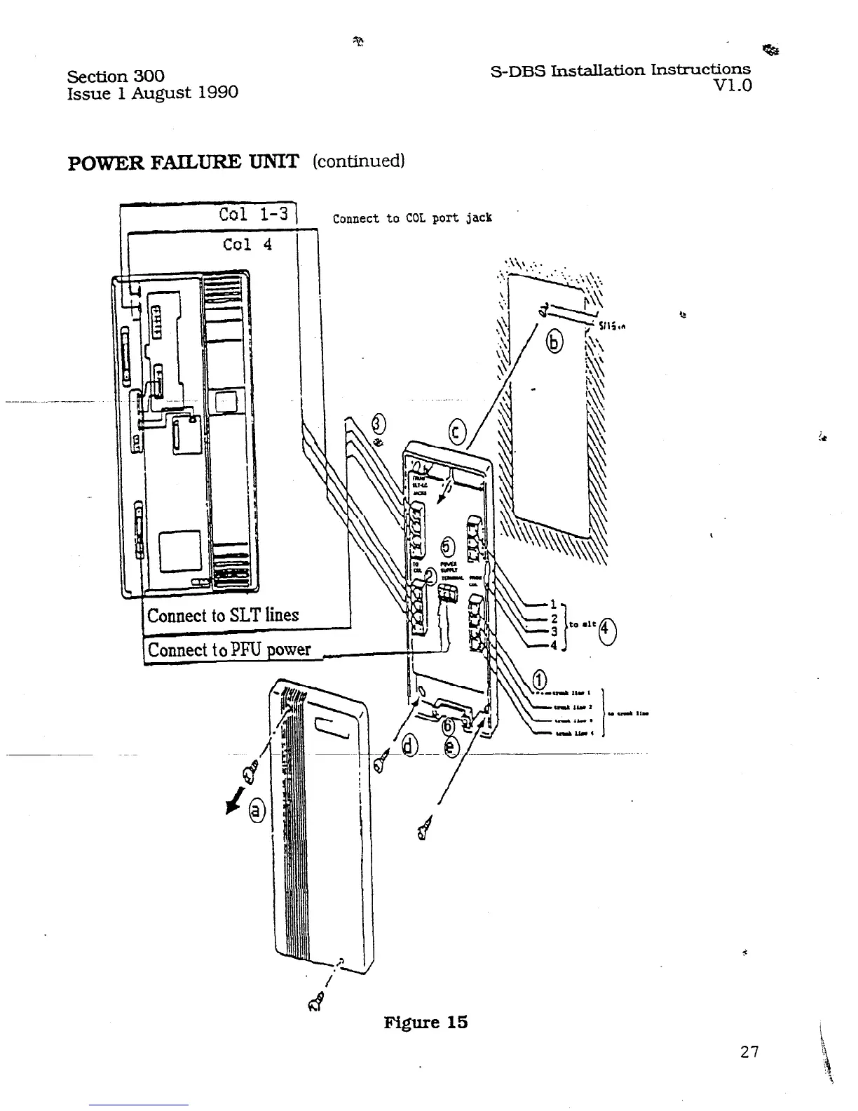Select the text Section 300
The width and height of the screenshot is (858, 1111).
[x=116, y=76]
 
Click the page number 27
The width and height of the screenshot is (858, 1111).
[x=749, y=1051]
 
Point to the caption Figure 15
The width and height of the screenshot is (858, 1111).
[x=425, y=1022]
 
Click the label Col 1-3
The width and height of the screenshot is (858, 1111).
[x=253, y=214]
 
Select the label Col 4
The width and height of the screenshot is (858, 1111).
[x=247, y=244]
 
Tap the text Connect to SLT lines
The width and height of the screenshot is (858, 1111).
[x=223, y=615]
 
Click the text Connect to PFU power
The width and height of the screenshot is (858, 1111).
[x=229, y=649]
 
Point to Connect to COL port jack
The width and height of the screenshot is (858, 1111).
[x=412, y=218]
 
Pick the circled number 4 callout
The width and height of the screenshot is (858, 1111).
[x=607, y=630]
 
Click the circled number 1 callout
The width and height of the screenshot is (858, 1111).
[x=540, y=679]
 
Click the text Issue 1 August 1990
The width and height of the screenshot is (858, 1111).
[x=152, y=93]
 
